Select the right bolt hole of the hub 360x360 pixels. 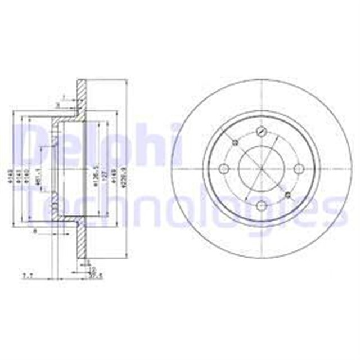click(299, 169)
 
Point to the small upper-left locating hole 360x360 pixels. click(233, 143)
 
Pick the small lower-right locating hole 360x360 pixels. click(289, 195)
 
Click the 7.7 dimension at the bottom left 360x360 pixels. click(26, 275)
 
